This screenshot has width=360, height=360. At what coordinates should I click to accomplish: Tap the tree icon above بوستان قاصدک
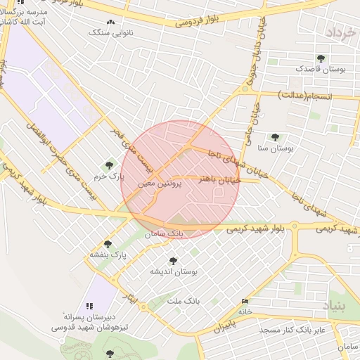click(x=321, y=58)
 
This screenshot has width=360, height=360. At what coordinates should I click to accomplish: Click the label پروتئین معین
click(x=160, y=182)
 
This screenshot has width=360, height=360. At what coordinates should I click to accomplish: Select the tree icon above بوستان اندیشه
click(x=173, y=260)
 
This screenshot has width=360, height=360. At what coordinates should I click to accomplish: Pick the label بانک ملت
click(x=184, y=300)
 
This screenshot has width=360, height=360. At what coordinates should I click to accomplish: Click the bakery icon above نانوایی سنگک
click(x=110, y=22)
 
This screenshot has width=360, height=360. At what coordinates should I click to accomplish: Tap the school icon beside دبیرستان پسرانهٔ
click(x=89, y=306)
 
